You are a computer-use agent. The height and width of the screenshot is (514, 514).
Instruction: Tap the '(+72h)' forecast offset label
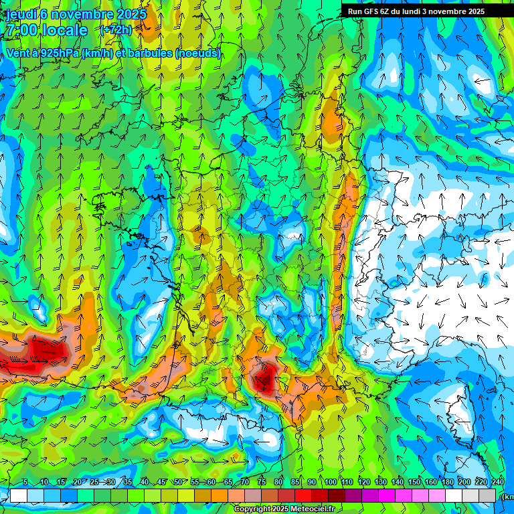coord(116,30)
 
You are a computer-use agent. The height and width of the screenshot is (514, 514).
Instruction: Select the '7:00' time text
coord(21,31)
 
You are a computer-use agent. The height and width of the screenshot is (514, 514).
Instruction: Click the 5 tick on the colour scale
coord(25,483)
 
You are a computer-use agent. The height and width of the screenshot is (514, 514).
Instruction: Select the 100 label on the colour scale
coord(330,483)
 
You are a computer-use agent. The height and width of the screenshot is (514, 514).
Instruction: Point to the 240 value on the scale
coord(497,483)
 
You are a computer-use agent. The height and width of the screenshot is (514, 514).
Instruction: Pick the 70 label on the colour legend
coord(245,483)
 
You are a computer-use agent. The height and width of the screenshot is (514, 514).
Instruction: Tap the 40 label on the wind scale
coord(144,483)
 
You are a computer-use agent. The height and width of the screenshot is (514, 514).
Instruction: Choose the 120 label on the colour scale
coord(363,483)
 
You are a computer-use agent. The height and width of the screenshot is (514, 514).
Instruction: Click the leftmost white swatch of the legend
coord(18,495)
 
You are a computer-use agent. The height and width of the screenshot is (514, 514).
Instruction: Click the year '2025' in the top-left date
coord(132,14)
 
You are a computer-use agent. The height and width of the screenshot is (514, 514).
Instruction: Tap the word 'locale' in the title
coord(64,31)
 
